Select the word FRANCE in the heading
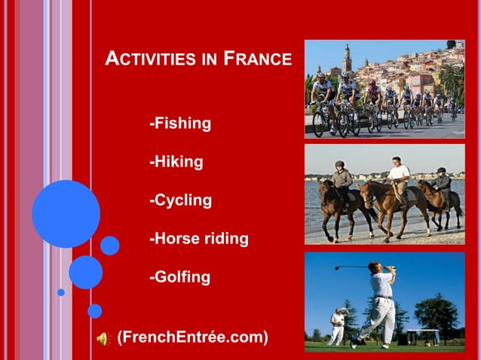tap(257, 59)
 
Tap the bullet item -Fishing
tap(180, 123)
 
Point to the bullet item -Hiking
tap(176, 162)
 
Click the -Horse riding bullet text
tap(199, 239)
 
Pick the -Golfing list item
tap(180, 278)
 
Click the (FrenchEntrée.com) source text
tap(192, 336)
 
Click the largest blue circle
tap(66, 214)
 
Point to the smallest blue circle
tap(61, 292)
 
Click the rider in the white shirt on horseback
tap(397, 175)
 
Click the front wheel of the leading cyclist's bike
tap(319, 124)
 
